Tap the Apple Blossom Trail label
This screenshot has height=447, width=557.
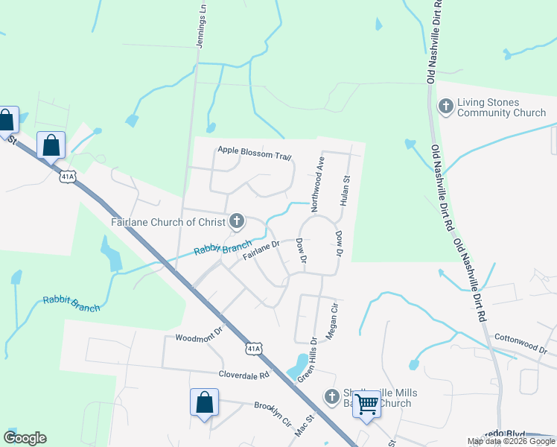tap(254, 152)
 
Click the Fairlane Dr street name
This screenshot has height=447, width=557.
tap(260, 250)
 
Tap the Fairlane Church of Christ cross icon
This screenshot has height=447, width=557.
tap(237, 220)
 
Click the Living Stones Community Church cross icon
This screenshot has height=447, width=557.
tap(445, 107)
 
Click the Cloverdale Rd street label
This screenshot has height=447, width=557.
tap(243, 375)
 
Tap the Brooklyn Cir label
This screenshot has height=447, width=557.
tap(272, 414)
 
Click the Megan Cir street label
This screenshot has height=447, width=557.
tap(333, 320)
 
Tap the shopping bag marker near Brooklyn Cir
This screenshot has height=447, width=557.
tap(204, 403)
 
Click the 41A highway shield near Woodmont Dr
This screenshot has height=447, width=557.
tap(254, 349)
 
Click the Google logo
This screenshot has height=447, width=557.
tap(25, 438)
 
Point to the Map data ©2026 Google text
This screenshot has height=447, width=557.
tap(511, 441)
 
